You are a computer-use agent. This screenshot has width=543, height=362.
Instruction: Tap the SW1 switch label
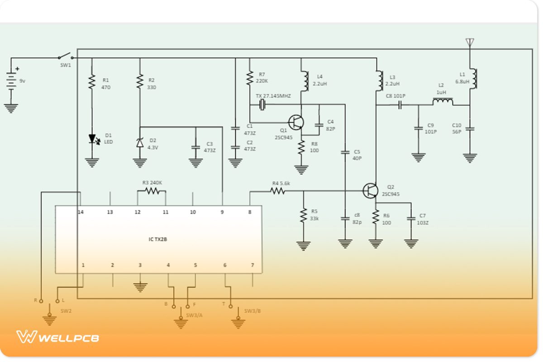pos(66,65)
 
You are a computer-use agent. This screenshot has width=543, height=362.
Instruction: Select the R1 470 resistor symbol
pos(92,82)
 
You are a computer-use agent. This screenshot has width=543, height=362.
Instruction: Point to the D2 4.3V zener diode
pos(140,143)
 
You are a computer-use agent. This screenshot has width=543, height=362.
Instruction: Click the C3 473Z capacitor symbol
pos(195,147)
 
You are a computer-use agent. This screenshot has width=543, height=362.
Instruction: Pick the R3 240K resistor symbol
pos(152,191)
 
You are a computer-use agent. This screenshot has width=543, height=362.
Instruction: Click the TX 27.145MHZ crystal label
pos(273,96)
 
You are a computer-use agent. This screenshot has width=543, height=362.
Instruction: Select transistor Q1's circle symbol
pos(296,122)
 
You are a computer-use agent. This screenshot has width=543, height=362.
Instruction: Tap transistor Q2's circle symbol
pos(371,191)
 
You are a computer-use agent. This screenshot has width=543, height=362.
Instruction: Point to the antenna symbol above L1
pos(470,43)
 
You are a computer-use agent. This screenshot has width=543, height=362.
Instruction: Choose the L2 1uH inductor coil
pos(442,101)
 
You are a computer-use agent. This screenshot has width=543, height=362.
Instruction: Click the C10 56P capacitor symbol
pos(470,129)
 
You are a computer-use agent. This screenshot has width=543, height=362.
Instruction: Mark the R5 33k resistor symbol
pos(303,215)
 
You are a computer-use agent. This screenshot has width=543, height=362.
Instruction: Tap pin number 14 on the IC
pos(81,212)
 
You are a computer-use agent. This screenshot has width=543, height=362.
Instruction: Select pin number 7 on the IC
pos(252,265)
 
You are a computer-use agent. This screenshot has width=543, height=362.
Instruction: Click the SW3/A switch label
pos(194,315)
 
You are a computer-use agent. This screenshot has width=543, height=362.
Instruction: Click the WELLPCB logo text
pos(68,338)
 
